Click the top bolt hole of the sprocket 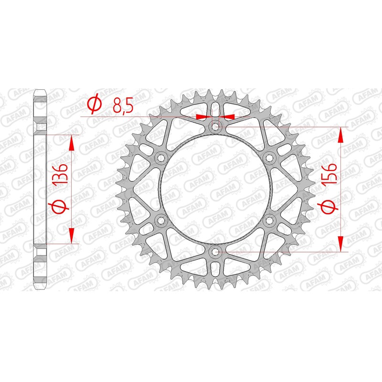coord(215,127)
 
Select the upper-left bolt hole coord(161,158)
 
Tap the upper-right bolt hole coord(270,158)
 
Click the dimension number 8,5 coord(123,105)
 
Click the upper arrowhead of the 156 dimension coord(340,134)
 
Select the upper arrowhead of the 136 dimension coord(72,141)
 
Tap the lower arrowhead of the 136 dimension coord(72,236)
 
